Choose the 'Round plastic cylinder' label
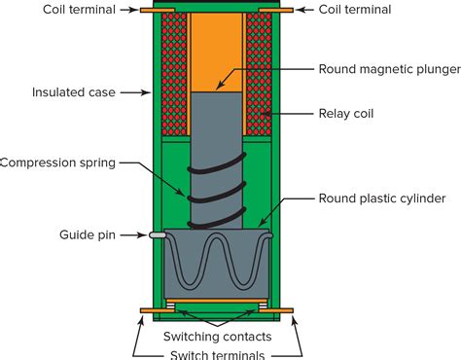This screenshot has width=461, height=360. (381, 198)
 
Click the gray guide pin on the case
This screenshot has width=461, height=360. (156, 234)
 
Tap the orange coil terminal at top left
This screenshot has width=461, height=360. (151, 11)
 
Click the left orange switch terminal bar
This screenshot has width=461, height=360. (156, 311)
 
